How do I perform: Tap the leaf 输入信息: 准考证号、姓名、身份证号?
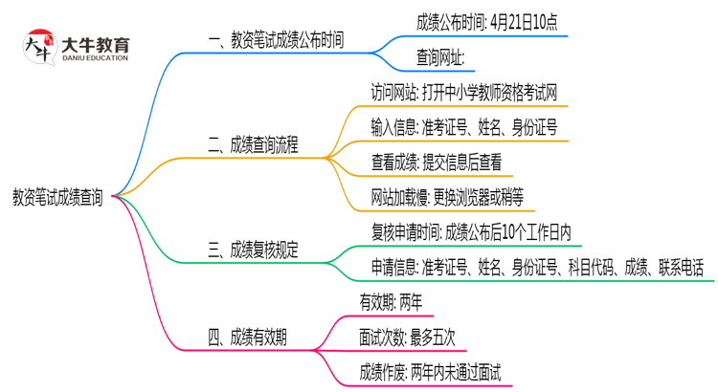pos(464,127)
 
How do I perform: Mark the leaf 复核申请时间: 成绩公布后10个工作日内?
pos(471,232)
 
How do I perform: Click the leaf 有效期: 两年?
pos(391,303)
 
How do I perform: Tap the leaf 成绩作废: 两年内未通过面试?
pos(430,371)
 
